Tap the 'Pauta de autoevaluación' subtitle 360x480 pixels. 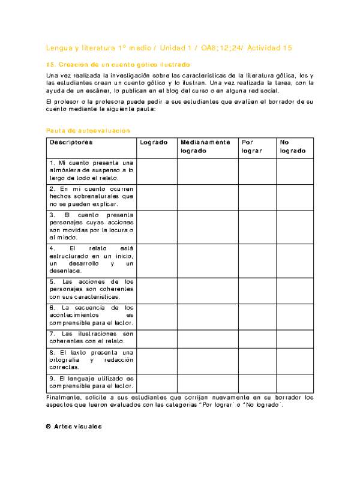click(88, 130)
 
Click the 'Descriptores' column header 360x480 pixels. click(71, 142)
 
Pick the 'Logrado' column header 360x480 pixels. click(154, 142)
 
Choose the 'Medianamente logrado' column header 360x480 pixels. click(205, 146)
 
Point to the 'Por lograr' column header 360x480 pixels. click(251, 146)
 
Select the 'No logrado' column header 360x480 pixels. click(292, 146)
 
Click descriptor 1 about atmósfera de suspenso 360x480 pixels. click(91, 170)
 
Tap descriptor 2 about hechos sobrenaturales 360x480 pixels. click(91, 196)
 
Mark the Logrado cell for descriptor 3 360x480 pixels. click(156, 226)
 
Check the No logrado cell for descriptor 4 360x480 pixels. click(295, 259)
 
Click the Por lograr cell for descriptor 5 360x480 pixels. click(257, 289)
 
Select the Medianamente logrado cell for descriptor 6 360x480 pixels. click(207, 316)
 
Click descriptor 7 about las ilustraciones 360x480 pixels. click(91, 337)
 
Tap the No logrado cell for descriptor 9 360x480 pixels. click(295, 383)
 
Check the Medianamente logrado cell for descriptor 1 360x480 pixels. click(207, 170)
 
